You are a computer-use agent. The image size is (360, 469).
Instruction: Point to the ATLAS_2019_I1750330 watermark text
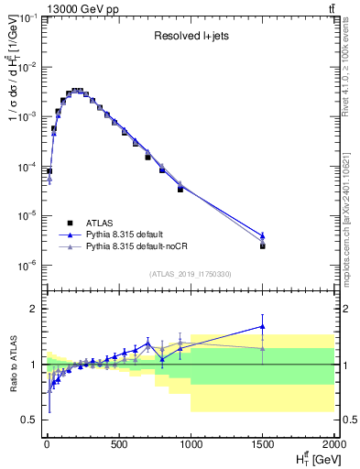click(190, 274)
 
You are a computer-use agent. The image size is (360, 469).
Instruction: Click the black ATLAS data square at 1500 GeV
click(263, 245)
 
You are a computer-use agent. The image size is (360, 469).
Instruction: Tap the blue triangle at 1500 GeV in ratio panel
click(263, 325)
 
